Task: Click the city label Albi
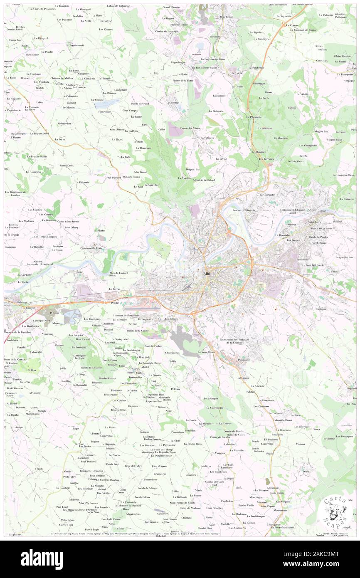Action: (207, 274)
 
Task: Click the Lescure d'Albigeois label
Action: (244, 210)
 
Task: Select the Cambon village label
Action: (321, 309)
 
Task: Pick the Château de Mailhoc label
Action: (62, 78)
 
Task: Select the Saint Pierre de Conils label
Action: (182, 502)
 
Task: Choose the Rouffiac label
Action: (66, 381)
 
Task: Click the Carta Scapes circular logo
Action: (335, 508)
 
